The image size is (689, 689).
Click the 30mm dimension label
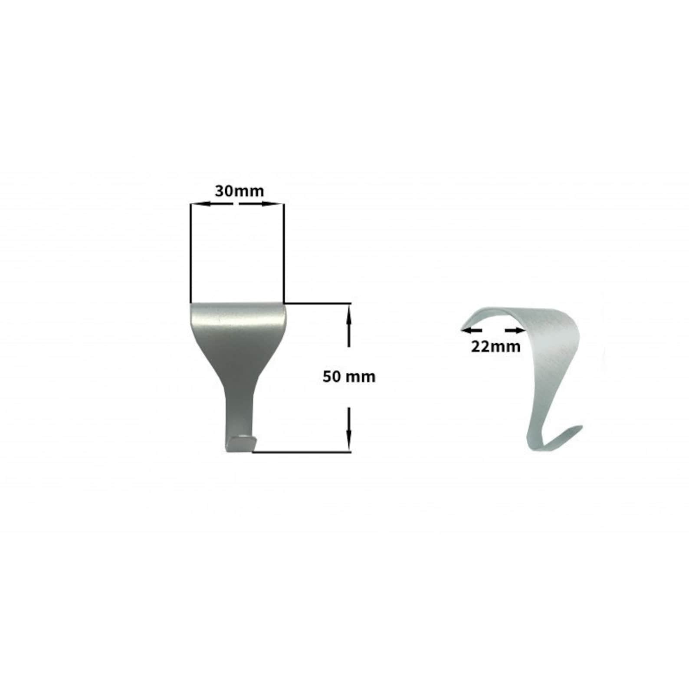[x=239, y=191]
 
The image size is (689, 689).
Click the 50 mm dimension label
[x=349, y=377]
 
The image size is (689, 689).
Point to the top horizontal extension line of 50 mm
[x=317, y=303]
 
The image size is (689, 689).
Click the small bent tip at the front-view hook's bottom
[x=241, y=443]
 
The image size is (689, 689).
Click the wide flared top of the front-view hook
[x=238, y=321]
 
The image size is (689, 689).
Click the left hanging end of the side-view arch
[x=466, y=323]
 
